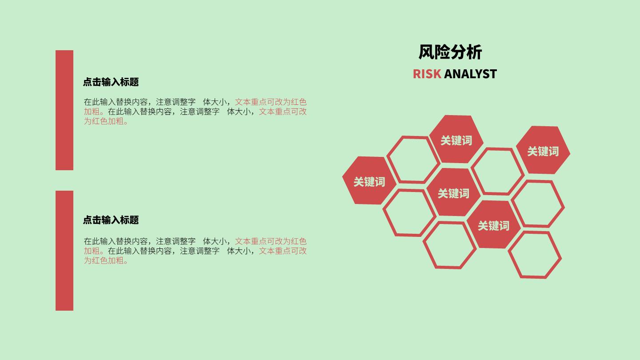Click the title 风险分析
coord(450,52)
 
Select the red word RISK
coord(427,74)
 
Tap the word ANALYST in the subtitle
coord(471,74)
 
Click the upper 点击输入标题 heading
coord(111,82)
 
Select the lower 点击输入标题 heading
coord(111,220)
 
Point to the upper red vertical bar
coord(64,110)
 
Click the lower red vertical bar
coord(64,251)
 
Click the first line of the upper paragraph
coord(195,102)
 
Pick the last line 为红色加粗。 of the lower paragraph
coord(106,260)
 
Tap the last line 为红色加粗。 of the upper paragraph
coord(106,121)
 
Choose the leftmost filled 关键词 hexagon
coord(369,180)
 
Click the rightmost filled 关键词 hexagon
coord(543,150)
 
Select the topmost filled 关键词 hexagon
coord(456,139)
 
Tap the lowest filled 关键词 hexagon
coord(493,224)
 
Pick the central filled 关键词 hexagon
coord(453,192)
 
